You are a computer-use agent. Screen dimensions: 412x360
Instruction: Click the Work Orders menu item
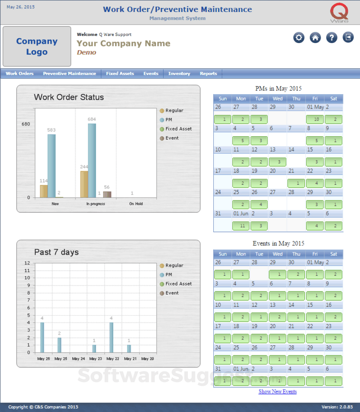click(19, 73)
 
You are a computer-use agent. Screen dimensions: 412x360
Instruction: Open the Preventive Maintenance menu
click(69, 73)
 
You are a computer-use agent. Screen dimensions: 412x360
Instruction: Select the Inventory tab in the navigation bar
click(179, 73)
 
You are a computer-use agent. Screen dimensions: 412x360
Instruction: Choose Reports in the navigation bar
click(208, 73)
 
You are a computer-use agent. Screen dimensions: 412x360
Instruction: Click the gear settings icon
click(299, 37)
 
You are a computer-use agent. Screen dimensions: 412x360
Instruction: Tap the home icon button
click(315, 37)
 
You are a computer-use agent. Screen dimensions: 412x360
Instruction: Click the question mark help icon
click(332, 37)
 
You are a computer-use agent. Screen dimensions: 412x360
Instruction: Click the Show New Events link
click(277, 391)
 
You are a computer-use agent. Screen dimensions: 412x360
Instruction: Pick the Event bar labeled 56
click(107, 194)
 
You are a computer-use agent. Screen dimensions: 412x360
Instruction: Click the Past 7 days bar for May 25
click(59, 345)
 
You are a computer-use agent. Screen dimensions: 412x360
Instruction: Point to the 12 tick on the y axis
click(27, 263)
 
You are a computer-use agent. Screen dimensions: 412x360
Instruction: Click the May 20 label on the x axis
click(147, 359)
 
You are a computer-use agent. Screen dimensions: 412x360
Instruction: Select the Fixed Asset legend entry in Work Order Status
click(178, 129)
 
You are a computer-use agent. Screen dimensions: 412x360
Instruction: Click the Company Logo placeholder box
click(37, 46)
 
